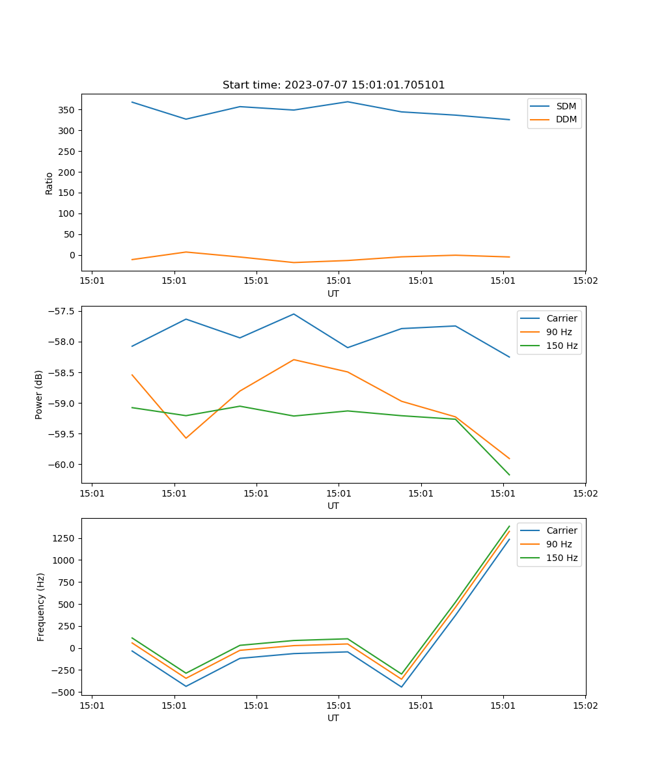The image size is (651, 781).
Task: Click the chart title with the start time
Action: [333, 85]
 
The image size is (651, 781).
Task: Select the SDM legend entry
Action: [566, 106]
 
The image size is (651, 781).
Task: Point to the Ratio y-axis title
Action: [49, 183]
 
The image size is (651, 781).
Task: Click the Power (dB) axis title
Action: [39, 394]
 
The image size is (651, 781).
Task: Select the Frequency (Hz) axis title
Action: [41, 607]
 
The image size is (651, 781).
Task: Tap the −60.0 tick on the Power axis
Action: [62, 465]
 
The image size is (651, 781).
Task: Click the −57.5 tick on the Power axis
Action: [62, 311]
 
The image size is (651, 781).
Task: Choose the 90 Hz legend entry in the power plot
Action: [559, 332]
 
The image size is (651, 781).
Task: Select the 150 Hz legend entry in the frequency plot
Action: [562, 558]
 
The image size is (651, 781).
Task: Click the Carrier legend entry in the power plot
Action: [561, 318]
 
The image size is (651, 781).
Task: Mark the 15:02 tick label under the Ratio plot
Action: [585, 281]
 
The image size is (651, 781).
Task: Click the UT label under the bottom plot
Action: [333, 718]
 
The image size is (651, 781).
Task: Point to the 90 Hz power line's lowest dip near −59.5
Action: [186, 438]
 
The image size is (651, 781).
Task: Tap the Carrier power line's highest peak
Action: [294, 314]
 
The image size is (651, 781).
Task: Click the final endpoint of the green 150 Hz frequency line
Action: [509, 526]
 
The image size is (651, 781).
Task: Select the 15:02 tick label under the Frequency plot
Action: [585, 706]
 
